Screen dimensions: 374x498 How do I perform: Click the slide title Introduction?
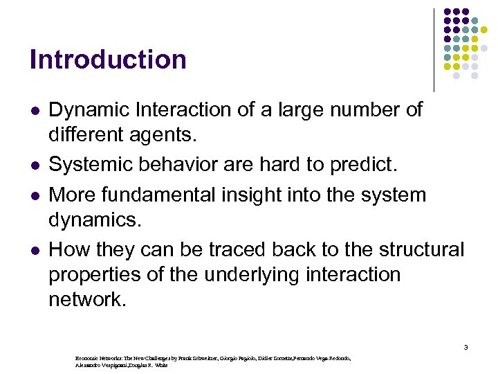tap(108, 60)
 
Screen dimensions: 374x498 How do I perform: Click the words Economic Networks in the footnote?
tap(98, 358)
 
